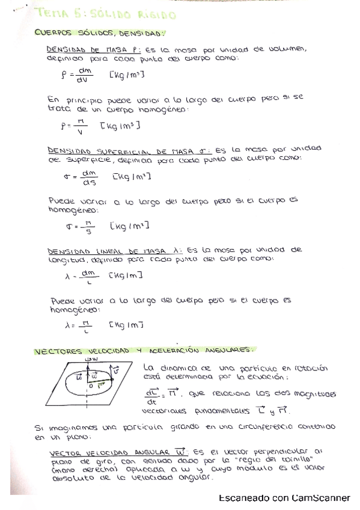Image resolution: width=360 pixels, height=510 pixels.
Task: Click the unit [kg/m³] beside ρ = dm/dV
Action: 127,75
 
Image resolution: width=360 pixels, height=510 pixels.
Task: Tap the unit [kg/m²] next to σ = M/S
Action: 130,226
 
